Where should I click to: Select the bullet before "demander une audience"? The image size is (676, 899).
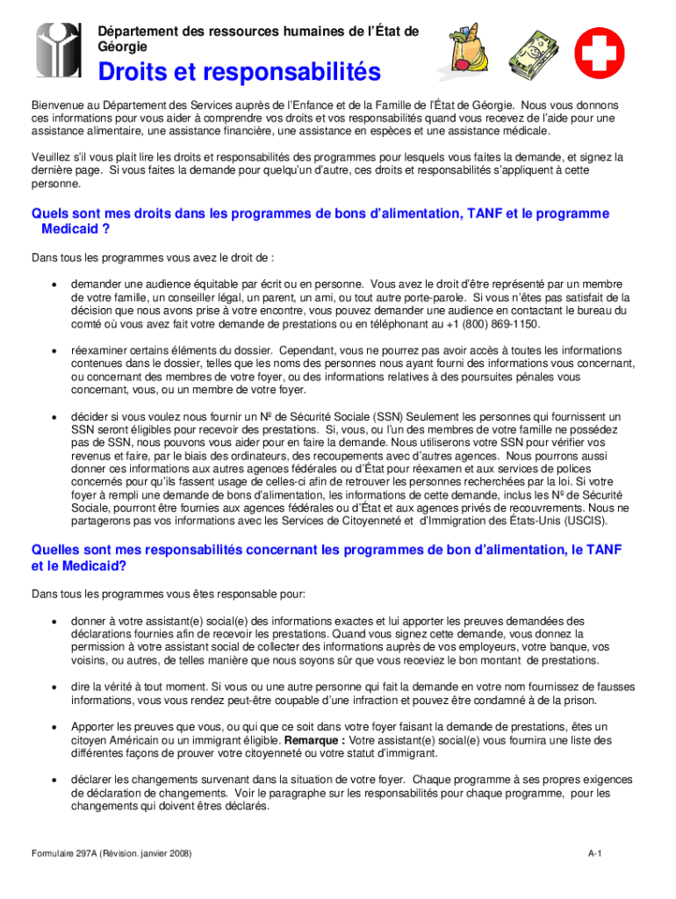(x=54, y=285)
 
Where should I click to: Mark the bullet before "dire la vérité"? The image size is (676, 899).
(x=54, y=687)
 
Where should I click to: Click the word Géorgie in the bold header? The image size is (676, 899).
(x=122, y=46)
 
